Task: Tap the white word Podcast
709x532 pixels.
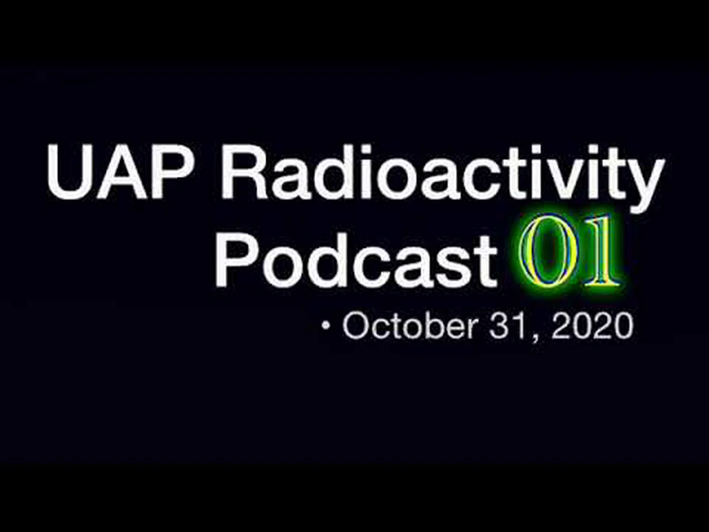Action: (x=356, y=258)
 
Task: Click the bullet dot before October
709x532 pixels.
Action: (x=326, y=327)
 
